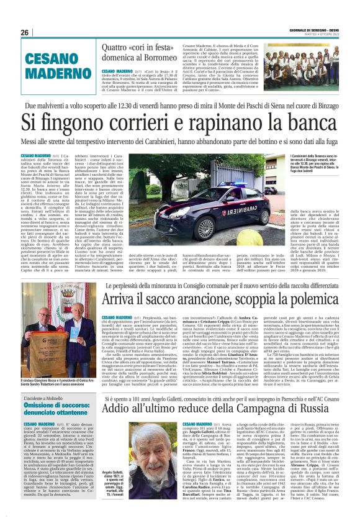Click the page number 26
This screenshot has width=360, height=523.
click(25, 32)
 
